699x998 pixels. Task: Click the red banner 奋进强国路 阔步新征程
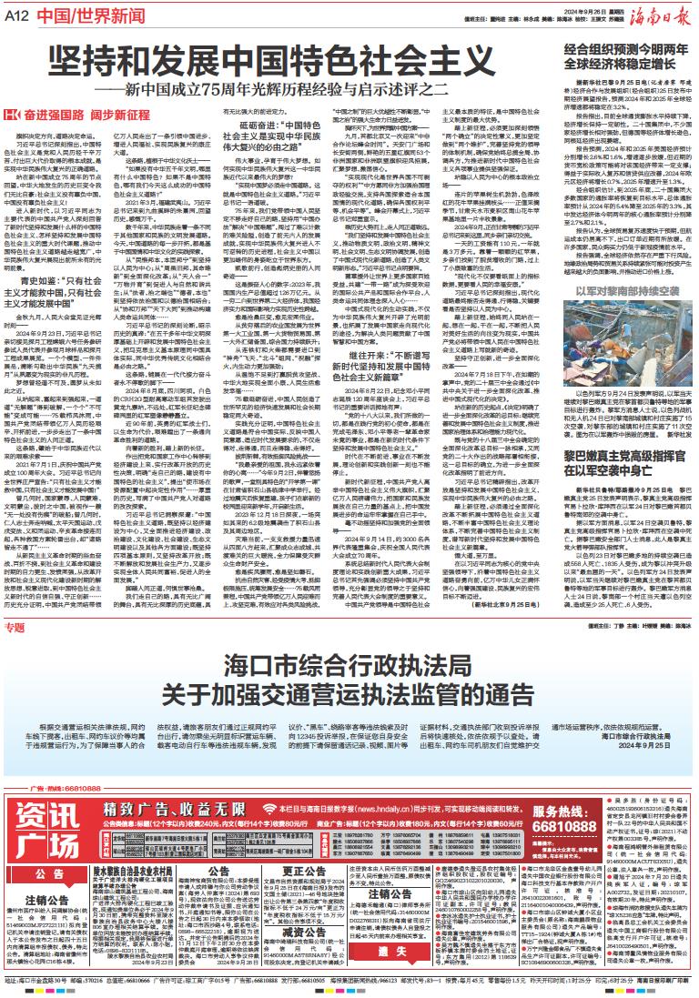(77, 116)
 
